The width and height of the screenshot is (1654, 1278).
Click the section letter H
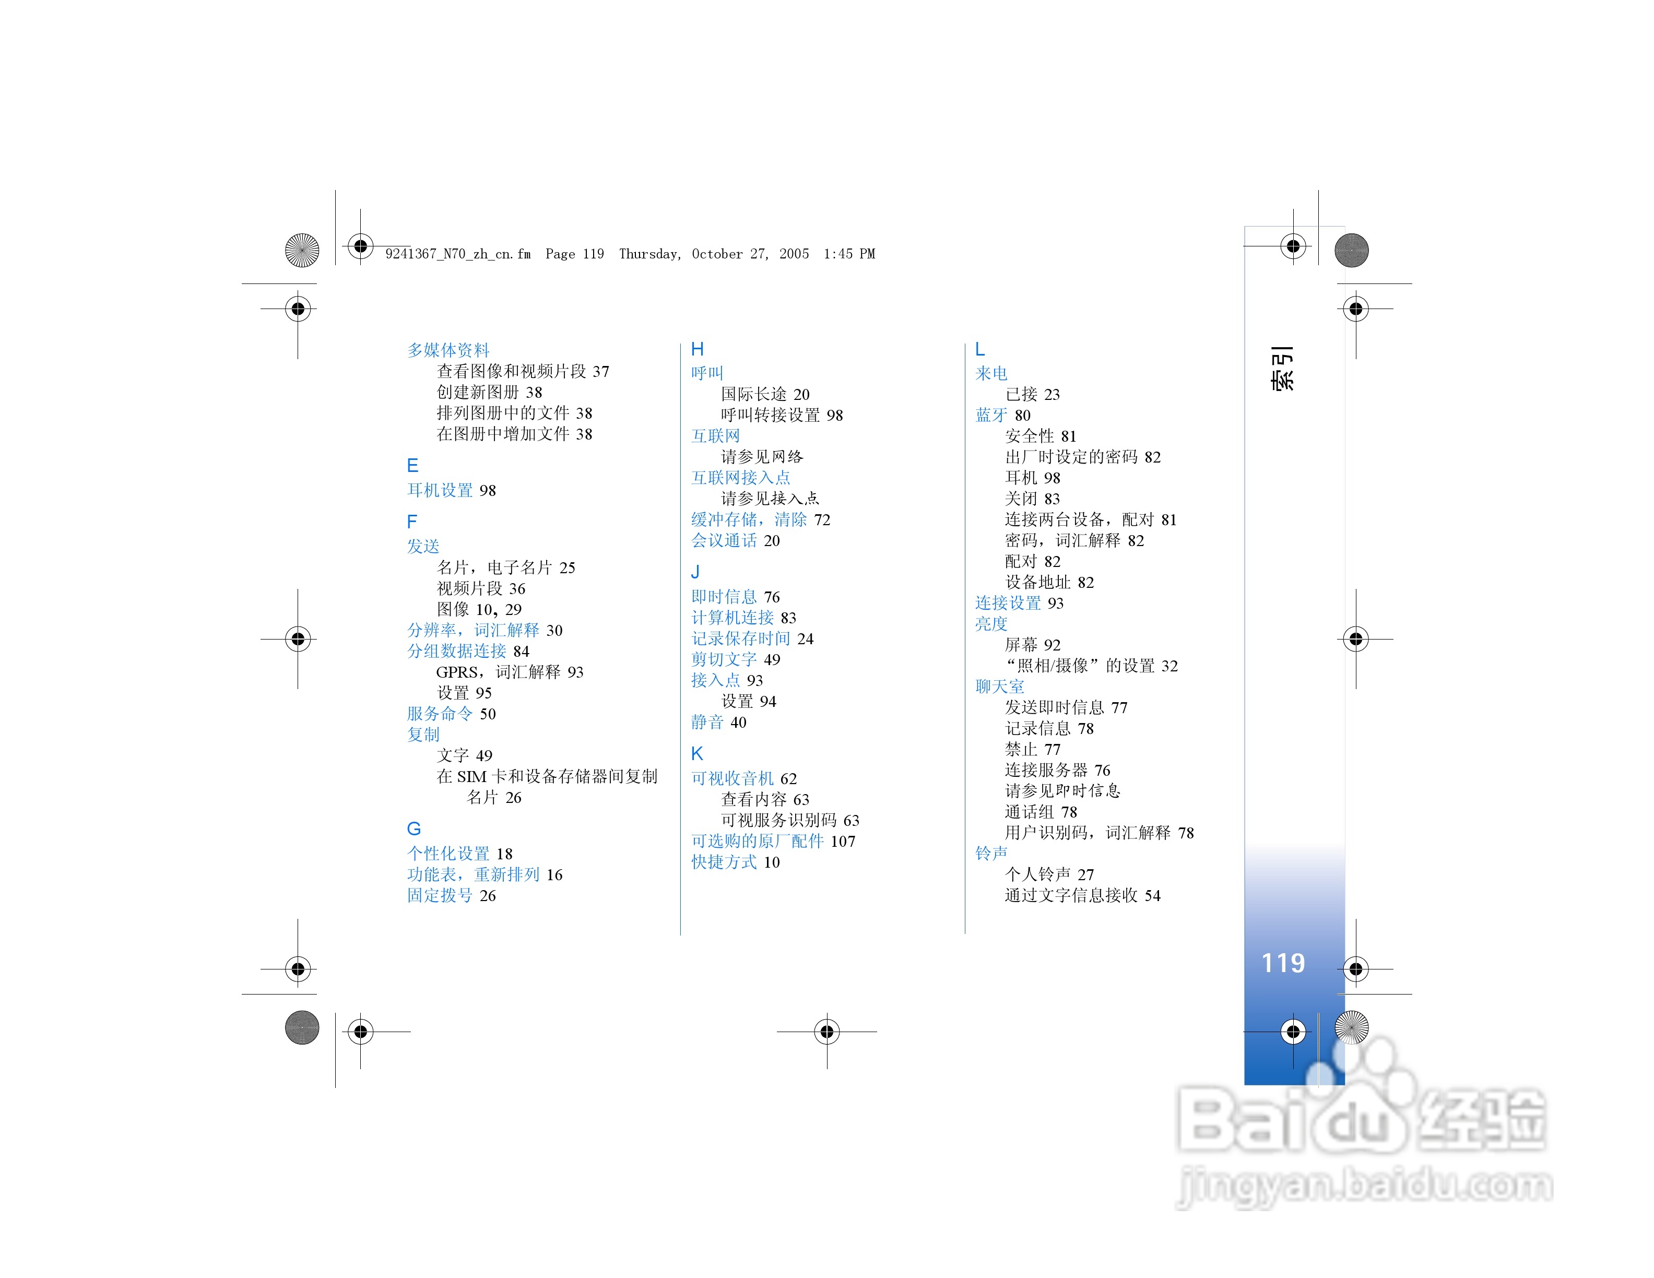(697, 349)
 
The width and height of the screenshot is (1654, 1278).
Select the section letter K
(697, 753)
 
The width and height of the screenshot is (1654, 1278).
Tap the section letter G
(413, 829)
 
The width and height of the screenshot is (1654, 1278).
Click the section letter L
(979, 349)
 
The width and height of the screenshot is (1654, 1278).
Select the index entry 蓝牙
(991, 415)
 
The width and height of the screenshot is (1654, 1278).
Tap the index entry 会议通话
(724, 540)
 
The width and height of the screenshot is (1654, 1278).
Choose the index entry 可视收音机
(733, 778)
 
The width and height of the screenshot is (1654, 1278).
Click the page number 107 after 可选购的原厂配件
(843, 841)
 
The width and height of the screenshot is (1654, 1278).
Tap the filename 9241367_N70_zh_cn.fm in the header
(458, 254)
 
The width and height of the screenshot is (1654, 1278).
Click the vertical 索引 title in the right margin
(1282, 368)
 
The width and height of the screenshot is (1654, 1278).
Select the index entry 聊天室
(1000, 686)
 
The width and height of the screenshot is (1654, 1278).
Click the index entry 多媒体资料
(448, 350)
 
